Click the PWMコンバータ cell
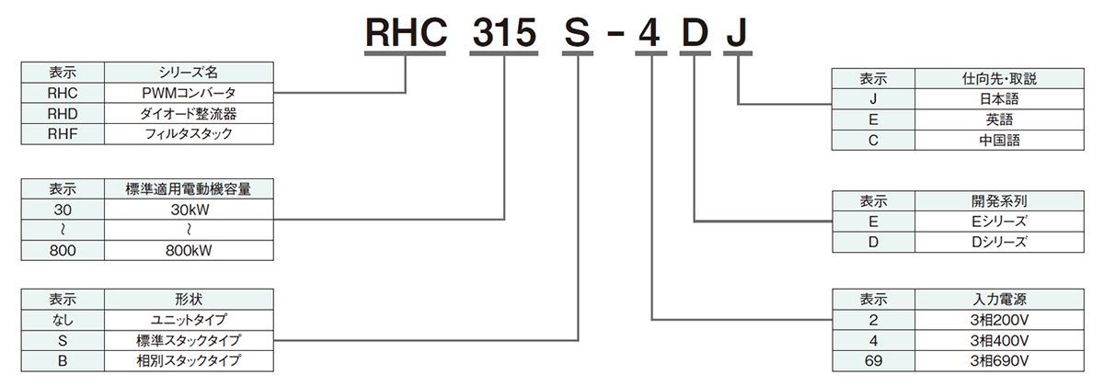click(x=188, y=93)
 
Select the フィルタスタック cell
click(x=188, y=134)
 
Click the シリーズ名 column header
click(x=188, y=72)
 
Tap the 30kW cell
click(x=188, y=209)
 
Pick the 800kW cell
click(x=188, y=250)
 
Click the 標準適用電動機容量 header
click(x=188, y=188)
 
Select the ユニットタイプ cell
click(x=188, y=319)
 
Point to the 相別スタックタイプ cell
click(x=188, y=360)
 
